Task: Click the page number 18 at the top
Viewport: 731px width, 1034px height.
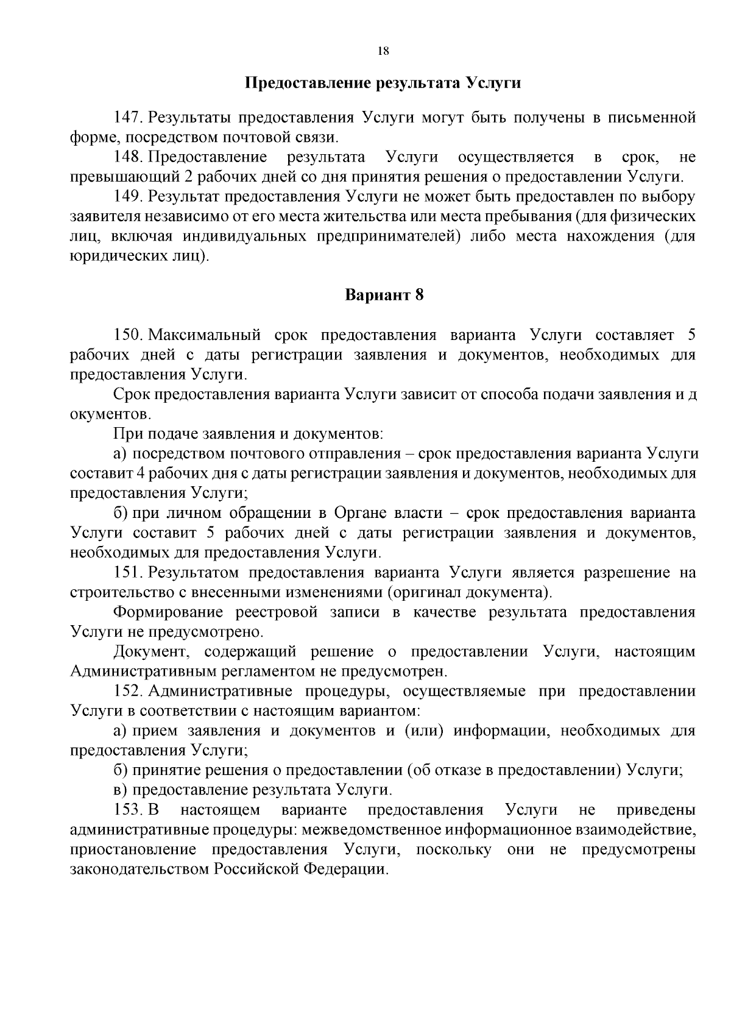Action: click(383, 51)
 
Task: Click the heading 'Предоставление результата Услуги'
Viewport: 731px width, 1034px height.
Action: click(383, 83)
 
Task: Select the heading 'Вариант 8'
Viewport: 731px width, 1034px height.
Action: click(384, 296)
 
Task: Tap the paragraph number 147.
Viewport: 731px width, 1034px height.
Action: click(129, 118)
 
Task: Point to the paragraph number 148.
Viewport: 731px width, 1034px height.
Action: click(129, 157)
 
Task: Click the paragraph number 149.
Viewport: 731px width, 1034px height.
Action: click(129, 197)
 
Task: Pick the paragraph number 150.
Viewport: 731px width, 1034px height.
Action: click(129, 335)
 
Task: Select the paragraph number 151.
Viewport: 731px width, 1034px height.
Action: click(129, 573)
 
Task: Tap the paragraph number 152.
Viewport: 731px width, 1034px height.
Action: click(129, 692)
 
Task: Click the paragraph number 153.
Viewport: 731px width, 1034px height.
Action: click(129, 810)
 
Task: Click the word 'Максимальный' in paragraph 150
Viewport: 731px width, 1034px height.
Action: click(205, 335)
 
